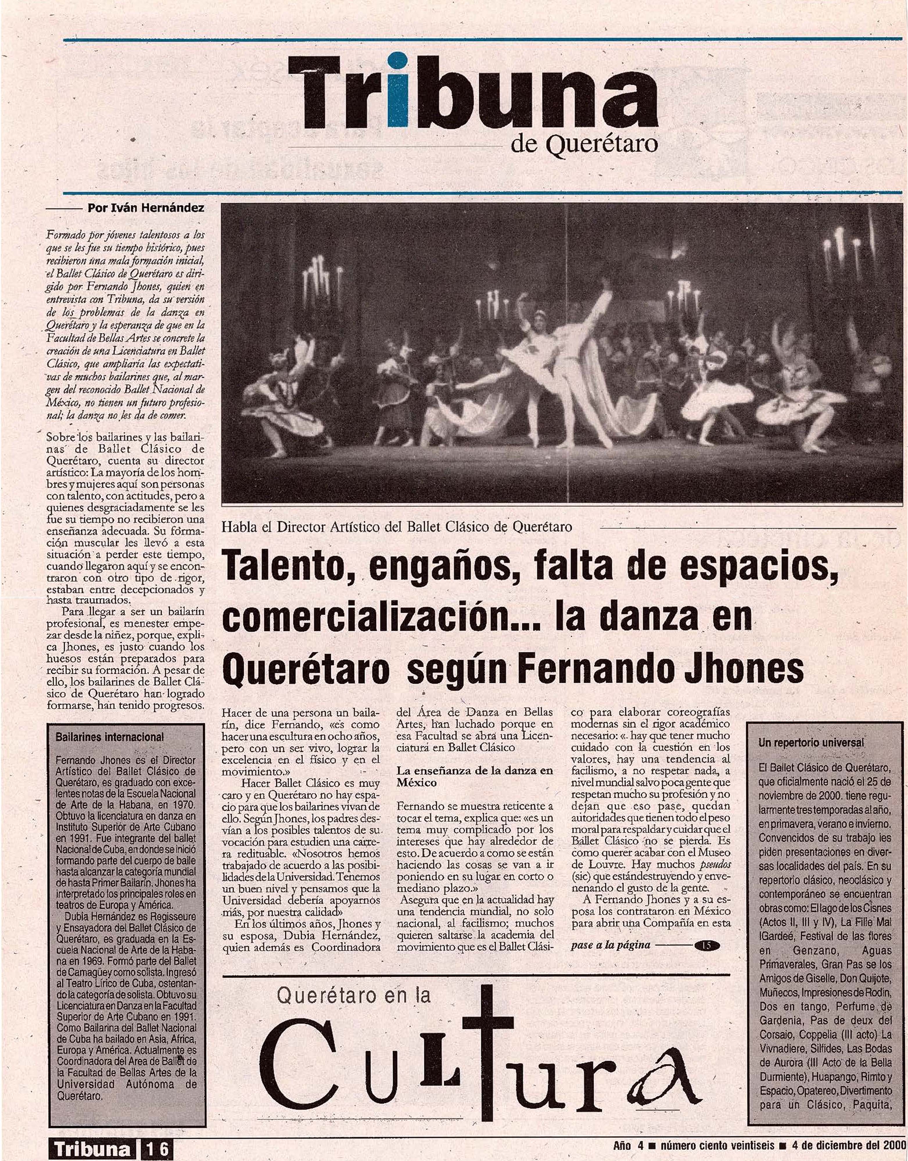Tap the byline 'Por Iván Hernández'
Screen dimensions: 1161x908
click(x=145, y=208)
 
